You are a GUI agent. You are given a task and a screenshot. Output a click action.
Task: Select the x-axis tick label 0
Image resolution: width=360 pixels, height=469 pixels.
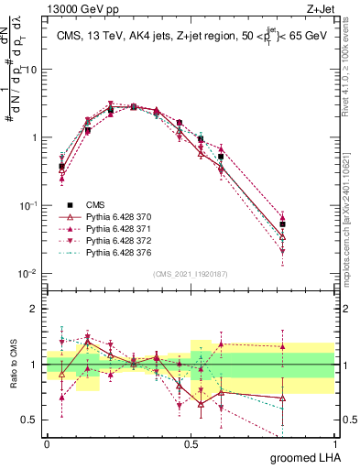(47, 443)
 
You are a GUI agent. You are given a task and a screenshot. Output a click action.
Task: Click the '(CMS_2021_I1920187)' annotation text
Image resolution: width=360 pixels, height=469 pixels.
(190, 274)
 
